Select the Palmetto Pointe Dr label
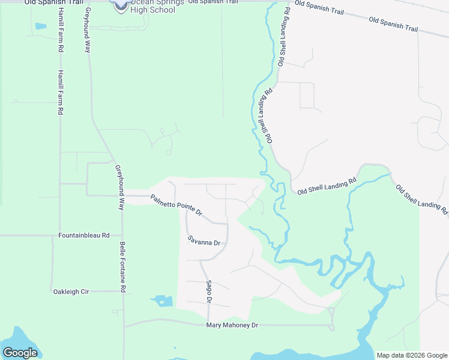[176, 205]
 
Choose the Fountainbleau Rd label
[84, 236]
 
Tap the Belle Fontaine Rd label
[122, 267]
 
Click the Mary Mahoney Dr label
[232, 325]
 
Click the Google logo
[20, 353]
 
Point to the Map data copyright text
[412, 355]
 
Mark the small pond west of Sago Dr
[161, 299]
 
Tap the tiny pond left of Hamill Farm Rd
[40, 26]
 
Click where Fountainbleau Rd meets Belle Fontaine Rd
[122, 236]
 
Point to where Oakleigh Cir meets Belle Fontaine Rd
[123, 292]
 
